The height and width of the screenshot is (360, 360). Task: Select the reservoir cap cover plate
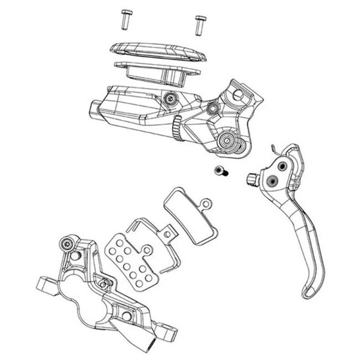click(x=157, y=53)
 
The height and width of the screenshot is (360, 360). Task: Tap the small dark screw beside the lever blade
click(x=220, y=172)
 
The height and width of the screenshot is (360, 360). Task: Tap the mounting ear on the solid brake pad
click(x=205, y=204)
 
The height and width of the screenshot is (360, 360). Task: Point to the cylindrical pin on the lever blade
click(x=252, y=178)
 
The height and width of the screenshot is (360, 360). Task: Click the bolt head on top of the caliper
click(x=68, y=243)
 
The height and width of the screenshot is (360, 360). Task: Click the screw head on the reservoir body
click(x=171, y=100)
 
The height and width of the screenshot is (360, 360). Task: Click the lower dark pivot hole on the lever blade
click(x=272, y=179)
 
